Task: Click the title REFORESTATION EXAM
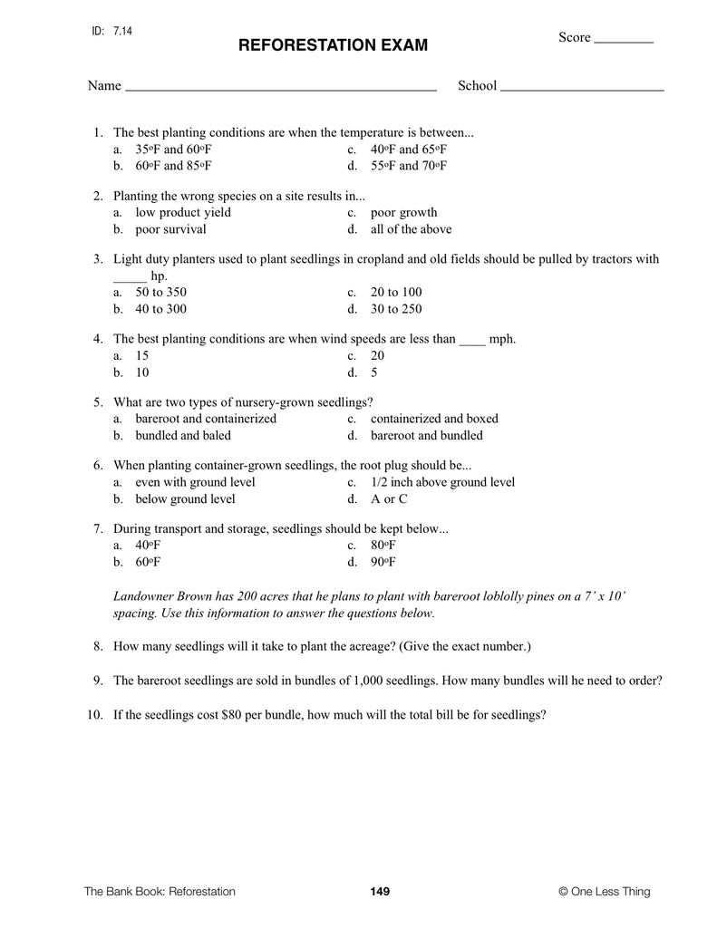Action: coord(333,45)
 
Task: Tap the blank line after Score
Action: coord(624,41)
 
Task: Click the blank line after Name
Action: coord(280,89)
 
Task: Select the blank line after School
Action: coord(582,89)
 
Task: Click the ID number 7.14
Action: coord(122,31)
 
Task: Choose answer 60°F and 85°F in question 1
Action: coord(173,166)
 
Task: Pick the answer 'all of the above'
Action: coord(411,229)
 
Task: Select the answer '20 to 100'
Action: coord(396,292)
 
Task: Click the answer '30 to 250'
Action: coord(396,309)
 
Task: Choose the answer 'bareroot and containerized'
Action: coord(206,419)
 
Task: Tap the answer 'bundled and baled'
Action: coord(182,435)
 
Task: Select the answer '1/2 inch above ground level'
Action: coord(442,482)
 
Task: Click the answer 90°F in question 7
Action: coord(383,562)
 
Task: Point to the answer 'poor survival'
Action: coord(170,229)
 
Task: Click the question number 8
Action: coord(97,647)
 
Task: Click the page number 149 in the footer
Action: coord(380,892)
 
